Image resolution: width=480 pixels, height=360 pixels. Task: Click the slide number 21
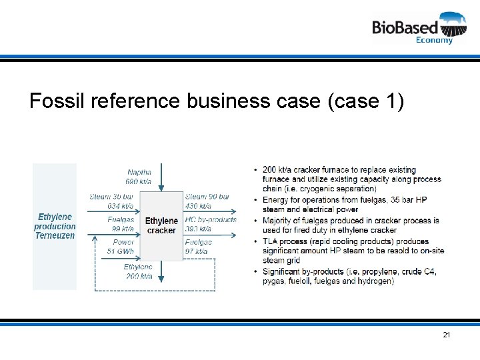click(x=447, y=335)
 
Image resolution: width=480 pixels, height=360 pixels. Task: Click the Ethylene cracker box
click(x=161, y=225)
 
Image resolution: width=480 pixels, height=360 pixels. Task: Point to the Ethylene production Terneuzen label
click(x=55, y=226)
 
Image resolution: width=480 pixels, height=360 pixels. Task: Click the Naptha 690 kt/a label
click(x=139, y=177)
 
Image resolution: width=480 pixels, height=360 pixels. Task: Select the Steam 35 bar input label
click(x=111, y=201)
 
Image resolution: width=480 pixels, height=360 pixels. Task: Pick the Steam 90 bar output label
click(x=207, y=201)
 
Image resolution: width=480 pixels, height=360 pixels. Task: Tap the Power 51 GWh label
click(x=121, y=247)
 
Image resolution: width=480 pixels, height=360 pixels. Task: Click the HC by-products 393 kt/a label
click(x=211, y=224)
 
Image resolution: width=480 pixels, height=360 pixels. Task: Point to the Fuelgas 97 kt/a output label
click(x=197, y=247)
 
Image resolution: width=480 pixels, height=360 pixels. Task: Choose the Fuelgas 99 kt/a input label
click(x=121, y=224)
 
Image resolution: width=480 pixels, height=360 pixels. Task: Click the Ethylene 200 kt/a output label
click(x=138, y=271)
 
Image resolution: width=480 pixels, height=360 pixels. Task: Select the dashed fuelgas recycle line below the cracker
click(x=153, y=289)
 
